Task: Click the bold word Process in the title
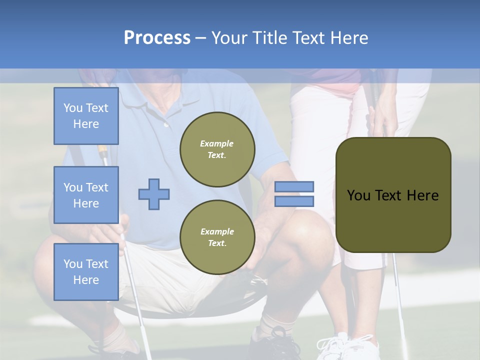click(157, 38)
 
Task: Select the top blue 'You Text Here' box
click(86, 116)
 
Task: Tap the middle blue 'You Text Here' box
click(86, 195)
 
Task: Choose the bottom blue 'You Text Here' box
click(86, 271)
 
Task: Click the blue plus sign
click(154, 194)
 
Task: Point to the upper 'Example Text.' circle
click(217, 149)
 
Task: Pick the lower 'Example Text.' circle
click(217, 237)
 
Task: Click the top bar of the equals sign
click(294, 187)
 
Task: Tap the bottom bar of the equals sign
click(294, 201)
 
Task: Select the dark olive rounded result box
click(393, 195)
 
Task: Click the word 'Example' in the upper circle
click(217, 143)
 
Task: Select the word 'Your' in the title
click(228, 38)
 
